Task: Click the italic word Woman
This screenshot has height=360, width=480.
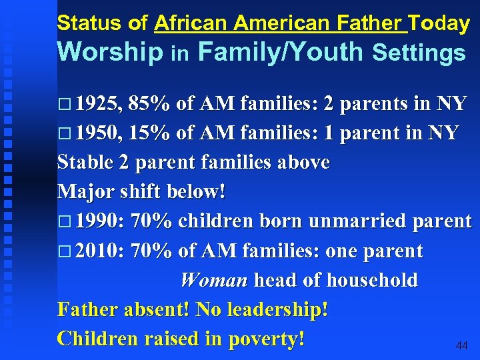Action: tap(213, 281)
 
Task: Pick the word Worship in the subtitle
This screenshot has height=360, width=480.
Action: tap(110, 53)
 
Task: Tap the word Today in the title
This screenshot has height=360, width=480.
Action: tap(439, 23)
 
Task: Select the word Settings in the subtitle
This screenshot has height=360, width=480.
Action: tap(419, 53)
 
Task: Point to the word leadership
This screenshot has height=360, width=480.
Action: tap(273, 310)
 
